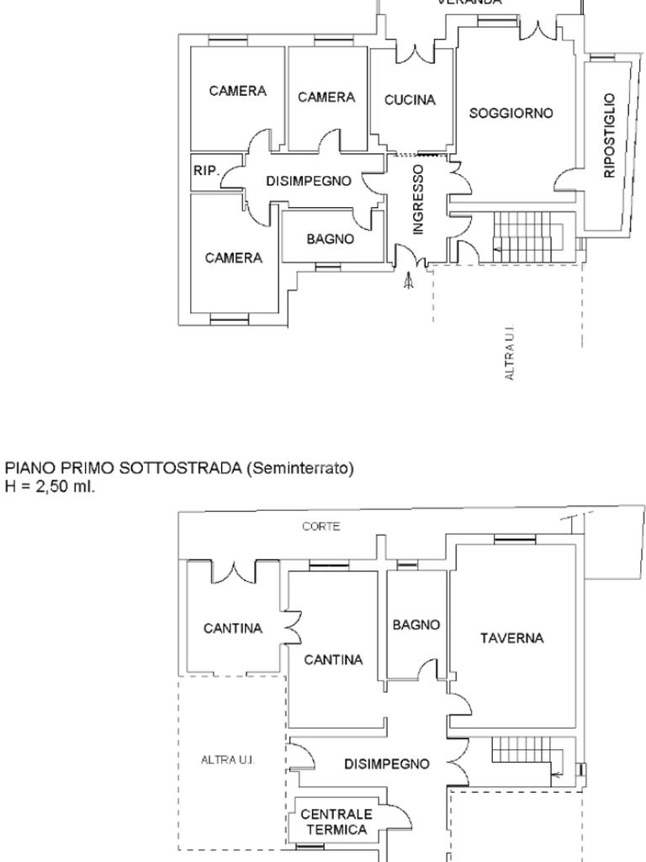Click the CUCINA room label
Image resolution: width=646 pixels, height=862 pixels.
pyautogui.click(x=410, y=100)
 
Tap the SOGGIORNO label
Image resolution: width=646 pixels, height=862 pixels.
pyautogui.click(x=511, y=113)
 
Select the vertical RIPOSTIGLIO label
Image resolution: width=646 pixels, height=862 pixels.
pyautogui.click(x=610, y=136)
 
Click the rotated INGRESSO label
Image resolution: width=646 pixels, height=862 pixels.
pyautogui.click(x=418, y=199)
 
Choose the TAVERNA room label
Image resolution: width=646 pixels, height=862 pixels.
pyautogui.click(x=511, y=638)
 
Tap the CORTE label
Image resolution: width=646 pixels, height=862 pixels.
pyautogui.click(x=321, y=526)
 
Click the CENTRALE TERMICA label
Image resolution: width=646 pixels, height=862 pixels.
pyautogui.click(x=336, y=822)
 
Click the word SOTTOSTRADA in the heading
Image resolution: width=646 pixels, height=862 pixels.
pyautogui.click(x=180, y=468)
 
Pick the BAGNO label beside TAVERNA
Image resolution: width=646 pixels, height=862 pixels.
pyautogui.click(x=416, y=625)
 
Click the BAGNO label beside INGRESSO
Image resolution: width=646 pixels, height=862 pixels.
pyautogui.click(x=330, y=239)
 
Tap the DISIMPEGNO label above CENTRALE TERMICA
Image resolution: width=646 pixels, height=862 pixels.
pyautogui.click(x=387, y=764)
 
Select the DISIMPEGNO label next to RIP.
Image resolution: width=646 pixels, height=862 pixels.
pyautogui.click(x=308, y=181)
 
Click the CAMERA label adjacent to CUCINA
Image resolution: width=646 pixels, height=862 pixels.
pyautogui.click(x=326, y=98)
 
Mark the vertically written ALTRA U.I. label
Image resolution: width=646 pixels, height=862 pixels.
pyautogui.click(x=510, y=354)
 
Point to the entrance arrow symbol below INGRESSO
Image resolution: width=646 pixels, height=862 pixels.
pyautogui.click(x=409, y=281)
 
